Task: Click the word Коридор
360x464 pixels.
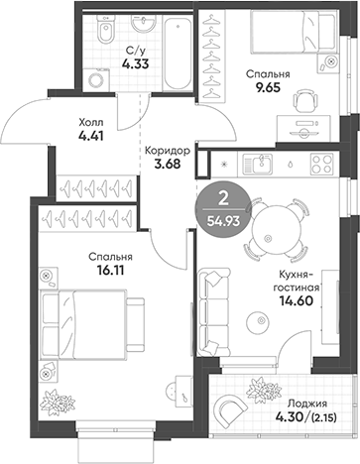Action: pos(166,150)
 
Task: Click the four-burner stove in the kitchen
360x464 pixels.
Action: pos(237,160)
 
